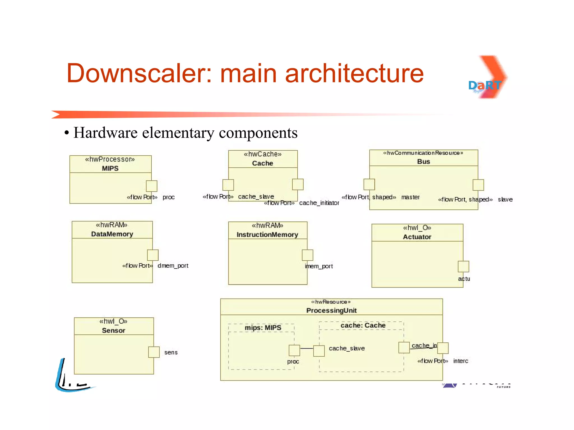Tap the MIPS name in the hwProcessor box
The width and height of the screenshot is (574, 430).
(x=110, y=168)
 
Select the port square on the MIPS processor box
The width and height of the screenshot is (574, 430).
(x=152, y=186)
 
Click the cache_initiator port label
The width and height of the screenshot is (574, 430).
(x=319, y=203)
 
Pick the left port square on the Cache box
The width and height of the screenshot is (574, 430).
(x=228, y=185)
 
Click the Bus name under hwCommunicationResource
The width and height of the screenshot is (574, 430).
(x=423, y=162)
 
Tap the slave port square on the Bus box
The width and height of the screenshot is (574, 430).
(x=478, y=185)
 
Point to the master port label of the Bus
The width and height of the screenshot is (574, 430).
(x=410, y=197)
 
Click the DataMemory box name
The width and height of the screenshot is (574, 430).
(x=112, y=234)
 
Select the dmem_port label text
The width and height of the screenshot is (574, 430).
(x=173, y=266)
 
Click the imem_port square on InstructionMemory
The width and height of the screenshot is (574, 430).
(x=307, y=255)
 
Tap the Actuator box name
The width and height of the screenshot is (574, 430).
(x=417, y=237)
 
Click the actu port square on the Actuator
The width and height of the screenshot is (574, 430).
(x=463, y=267)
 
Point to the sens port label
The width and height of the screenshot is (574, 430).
(x=171, y=352)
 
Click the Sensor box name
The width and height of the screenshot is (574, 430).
(x=114, y=330)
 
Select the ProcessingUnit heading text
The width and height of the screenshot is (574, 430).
(x=332, y=310)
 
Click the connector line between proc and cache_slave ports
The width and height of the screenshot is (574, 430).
(x=307, y=348)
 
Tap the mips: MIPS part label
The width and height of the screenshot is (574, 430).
(x=263, y=328)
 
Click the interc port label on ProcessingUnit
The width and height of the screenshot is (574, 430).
(x=460, y=361)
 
